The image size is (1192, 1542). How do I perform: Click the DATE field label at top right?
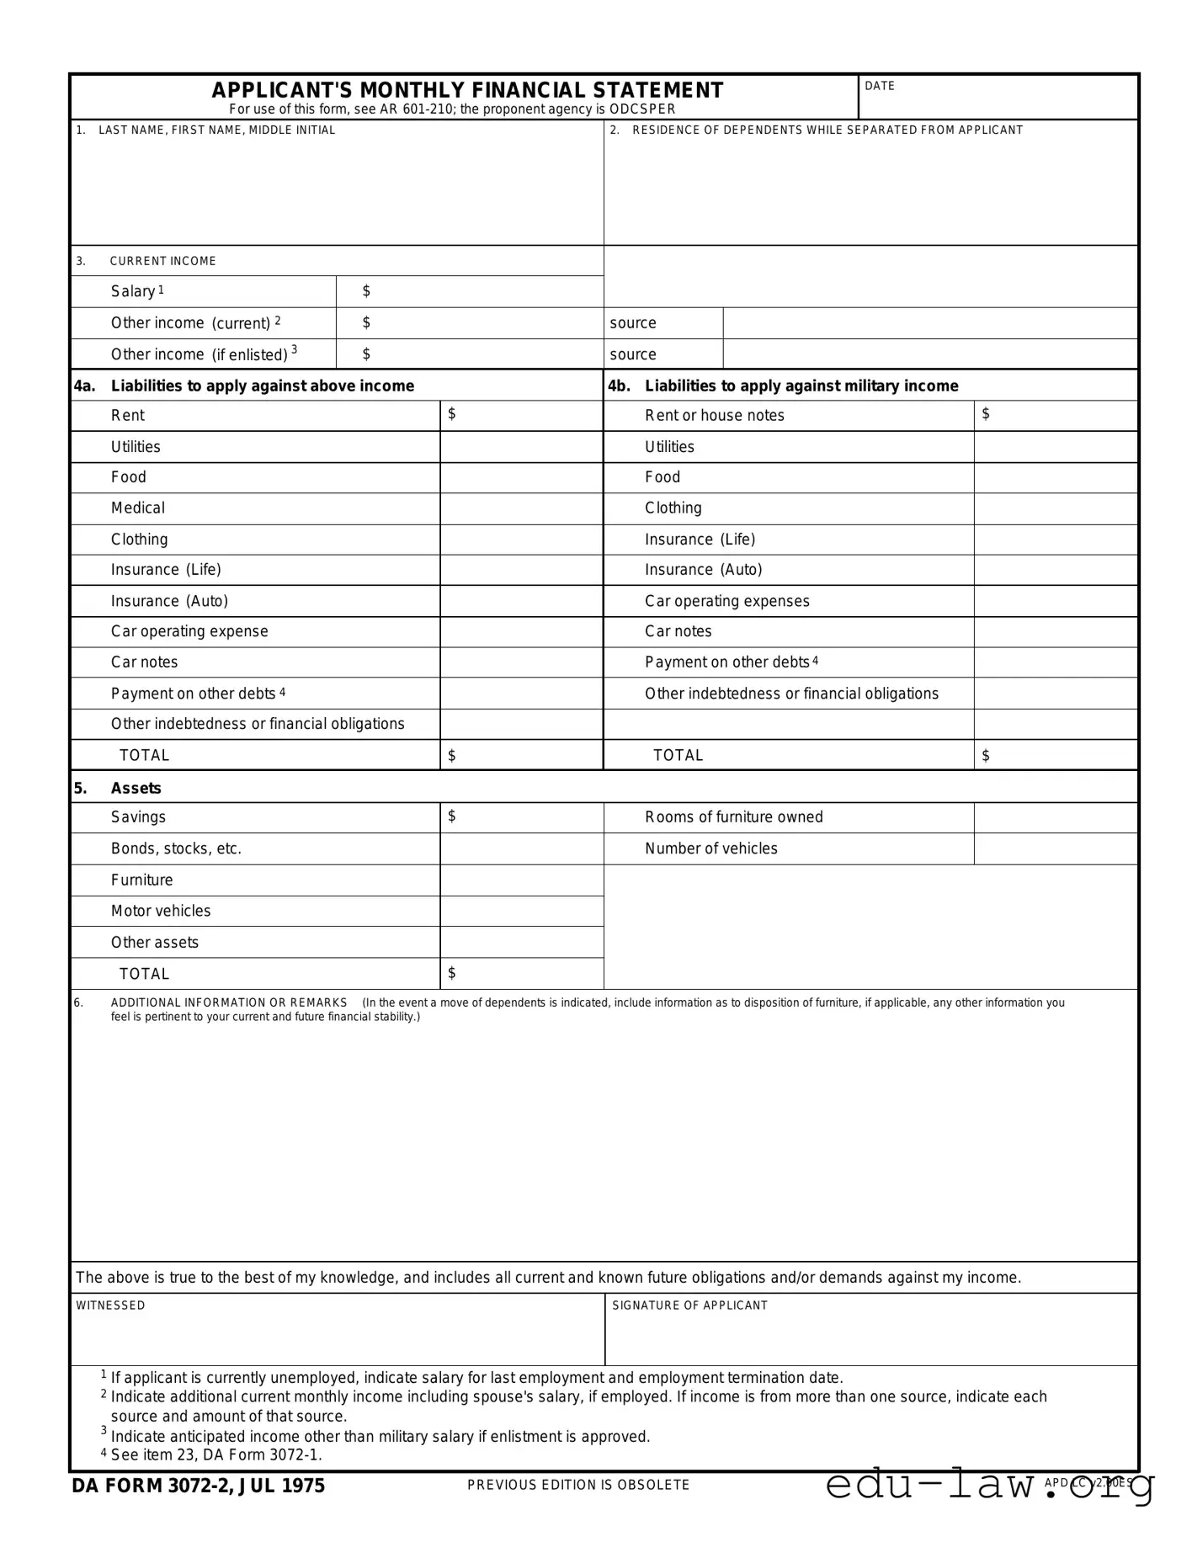(880, 86)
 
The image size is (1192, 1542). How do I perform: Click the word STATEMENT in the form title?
(657, 90)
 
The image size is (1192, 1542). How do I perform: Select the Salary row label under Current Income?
(133, 291)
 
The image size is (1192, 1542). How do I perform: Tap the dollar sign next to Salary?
(366, 291)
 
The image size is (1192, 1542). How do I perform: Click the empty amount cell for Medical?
(521, 508)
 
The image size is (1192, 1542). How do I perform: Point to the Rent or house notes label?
(714, 415)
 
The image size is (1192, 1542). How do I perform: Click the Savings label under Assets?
(138, 817)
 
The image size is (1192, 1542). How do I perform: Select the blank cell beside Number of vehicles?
(1055, 848)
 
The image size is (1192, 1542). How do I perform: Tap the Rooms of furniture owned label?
(733, 817)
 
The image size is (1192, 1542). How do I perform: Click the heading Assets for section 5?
(136, 788)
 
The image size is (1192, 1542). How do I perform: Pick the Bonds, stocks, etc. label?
(176, 848)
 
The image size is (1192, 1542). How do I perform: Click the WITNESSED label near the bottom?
(110, 1305)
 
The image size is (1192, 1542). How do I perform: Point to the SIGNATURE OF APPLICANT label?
(689, 1305)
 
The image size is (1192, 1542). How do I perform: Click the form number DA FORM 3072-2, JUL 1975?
(198, 1486)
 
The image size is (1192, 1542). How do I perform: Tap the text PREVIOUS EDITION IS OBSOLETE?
(578, 1485)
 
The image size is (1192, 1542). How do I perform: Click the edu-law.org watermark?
(990, 1485)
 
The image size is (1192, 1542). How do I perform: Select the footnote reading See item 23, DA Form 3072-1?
(216, 1454)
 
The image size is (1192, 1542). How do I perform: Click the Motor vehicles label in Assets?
(161, 911)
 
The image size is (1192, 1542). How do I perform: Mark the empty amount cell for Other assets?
(521, 942)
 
